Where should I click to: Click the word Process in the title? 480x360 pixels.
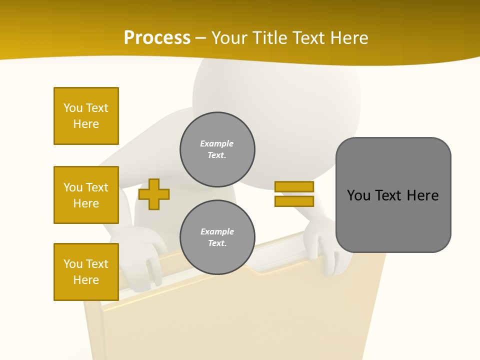157,37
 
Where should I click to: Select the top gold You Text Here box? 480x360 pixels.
86,116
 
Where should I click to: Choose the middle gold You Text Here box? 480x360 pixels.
86,195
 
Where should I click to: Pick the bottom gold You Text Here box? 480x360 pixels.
86,272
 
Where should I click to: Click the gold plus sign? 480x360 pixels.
154,194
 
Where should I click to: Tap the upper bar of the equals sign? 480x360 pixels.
294,187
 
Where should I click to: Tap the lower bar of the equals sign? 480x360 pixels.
294,201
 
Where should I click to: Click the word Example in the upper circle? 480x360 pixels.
216,143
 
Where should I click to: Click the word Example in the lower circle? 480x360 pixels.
217,231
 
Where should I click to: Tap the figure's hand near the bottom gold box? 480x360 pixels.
145,255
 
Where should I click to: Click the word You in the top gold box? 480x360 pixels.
73,108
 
